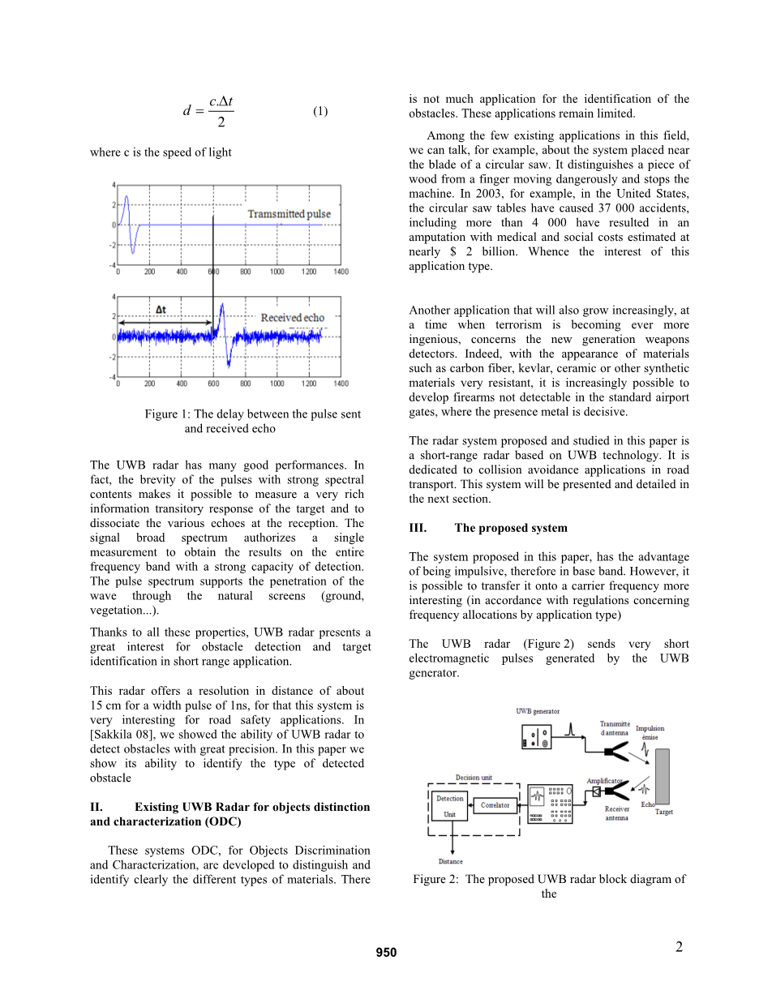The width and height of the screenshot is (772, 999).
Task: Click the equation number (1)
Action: [x=320, y=111]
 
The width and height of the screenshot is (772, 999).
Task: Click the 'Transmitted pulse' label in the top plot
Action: [x=289, y=214]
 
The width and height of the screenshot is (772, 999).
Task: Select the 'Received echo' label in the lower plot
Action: [x=292, y=318]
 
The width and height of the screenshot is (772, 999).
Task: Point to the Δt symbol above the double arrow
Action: [x=161, y=310]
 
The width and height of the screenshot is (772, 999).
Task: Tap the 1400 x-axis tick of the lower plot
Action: [x=341, y=384]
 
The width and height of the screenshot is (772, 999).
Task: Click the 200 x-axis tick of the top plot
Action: [x=150, y=272]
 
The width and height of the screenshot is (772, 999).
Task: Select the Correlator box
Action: [x=495, y=805]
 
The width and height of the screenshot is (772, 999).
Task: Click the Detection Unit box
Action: [x=450, y=806]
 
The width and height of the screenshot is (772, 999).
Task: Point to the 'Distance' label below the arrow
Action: [x=451, y=861]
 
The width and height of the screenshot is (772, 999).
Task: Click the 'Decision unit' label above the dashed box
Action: [x=474, y=778]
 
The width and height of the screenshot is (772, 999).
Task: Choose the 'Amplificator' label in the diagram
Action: [x=604, y=781]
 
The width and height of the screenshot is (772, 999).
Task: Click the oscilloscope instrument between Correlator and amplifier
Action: [x=551, y=804]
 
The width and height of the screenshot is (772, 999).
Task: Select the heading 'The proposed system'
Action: [x=511, y=528]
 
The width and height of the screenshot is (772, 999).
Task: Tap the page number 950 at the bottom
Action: [x=386, y=953]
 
